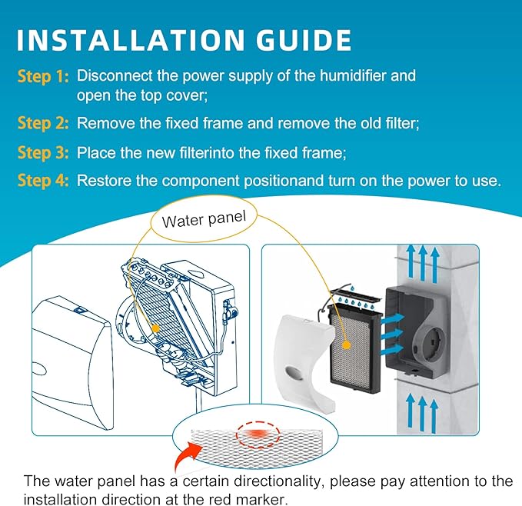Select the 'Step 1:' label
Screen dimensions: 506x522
click(43, 76)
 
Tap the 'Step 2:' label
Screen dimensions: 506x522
click(43, 122)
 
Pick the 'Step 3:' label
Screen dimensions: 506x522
click(43, 152)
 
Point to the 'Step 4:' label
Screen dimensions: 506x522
click(43, 181)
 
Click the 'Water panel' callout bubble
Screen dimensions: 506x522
click(204, 220)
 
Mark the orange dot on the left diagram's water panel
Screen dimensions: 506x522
click(155, 327)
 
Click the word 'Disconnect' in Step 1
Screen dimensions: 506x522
click(111, 76)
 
